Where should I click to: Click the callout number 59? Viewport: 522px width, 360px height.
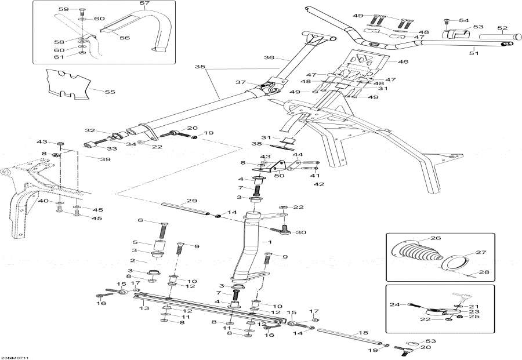(x=63, y=9)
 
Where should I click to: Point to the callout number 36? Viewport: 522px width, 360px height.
(x=269, y=57)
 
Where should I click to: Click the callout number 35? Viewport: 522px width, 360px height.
(x=200, y=67)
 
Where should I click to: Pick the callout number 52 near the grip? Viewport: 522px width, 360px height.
(x=502, y=28)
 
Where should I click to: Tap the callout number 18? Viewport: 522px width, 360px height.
(x=364, y=333)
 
